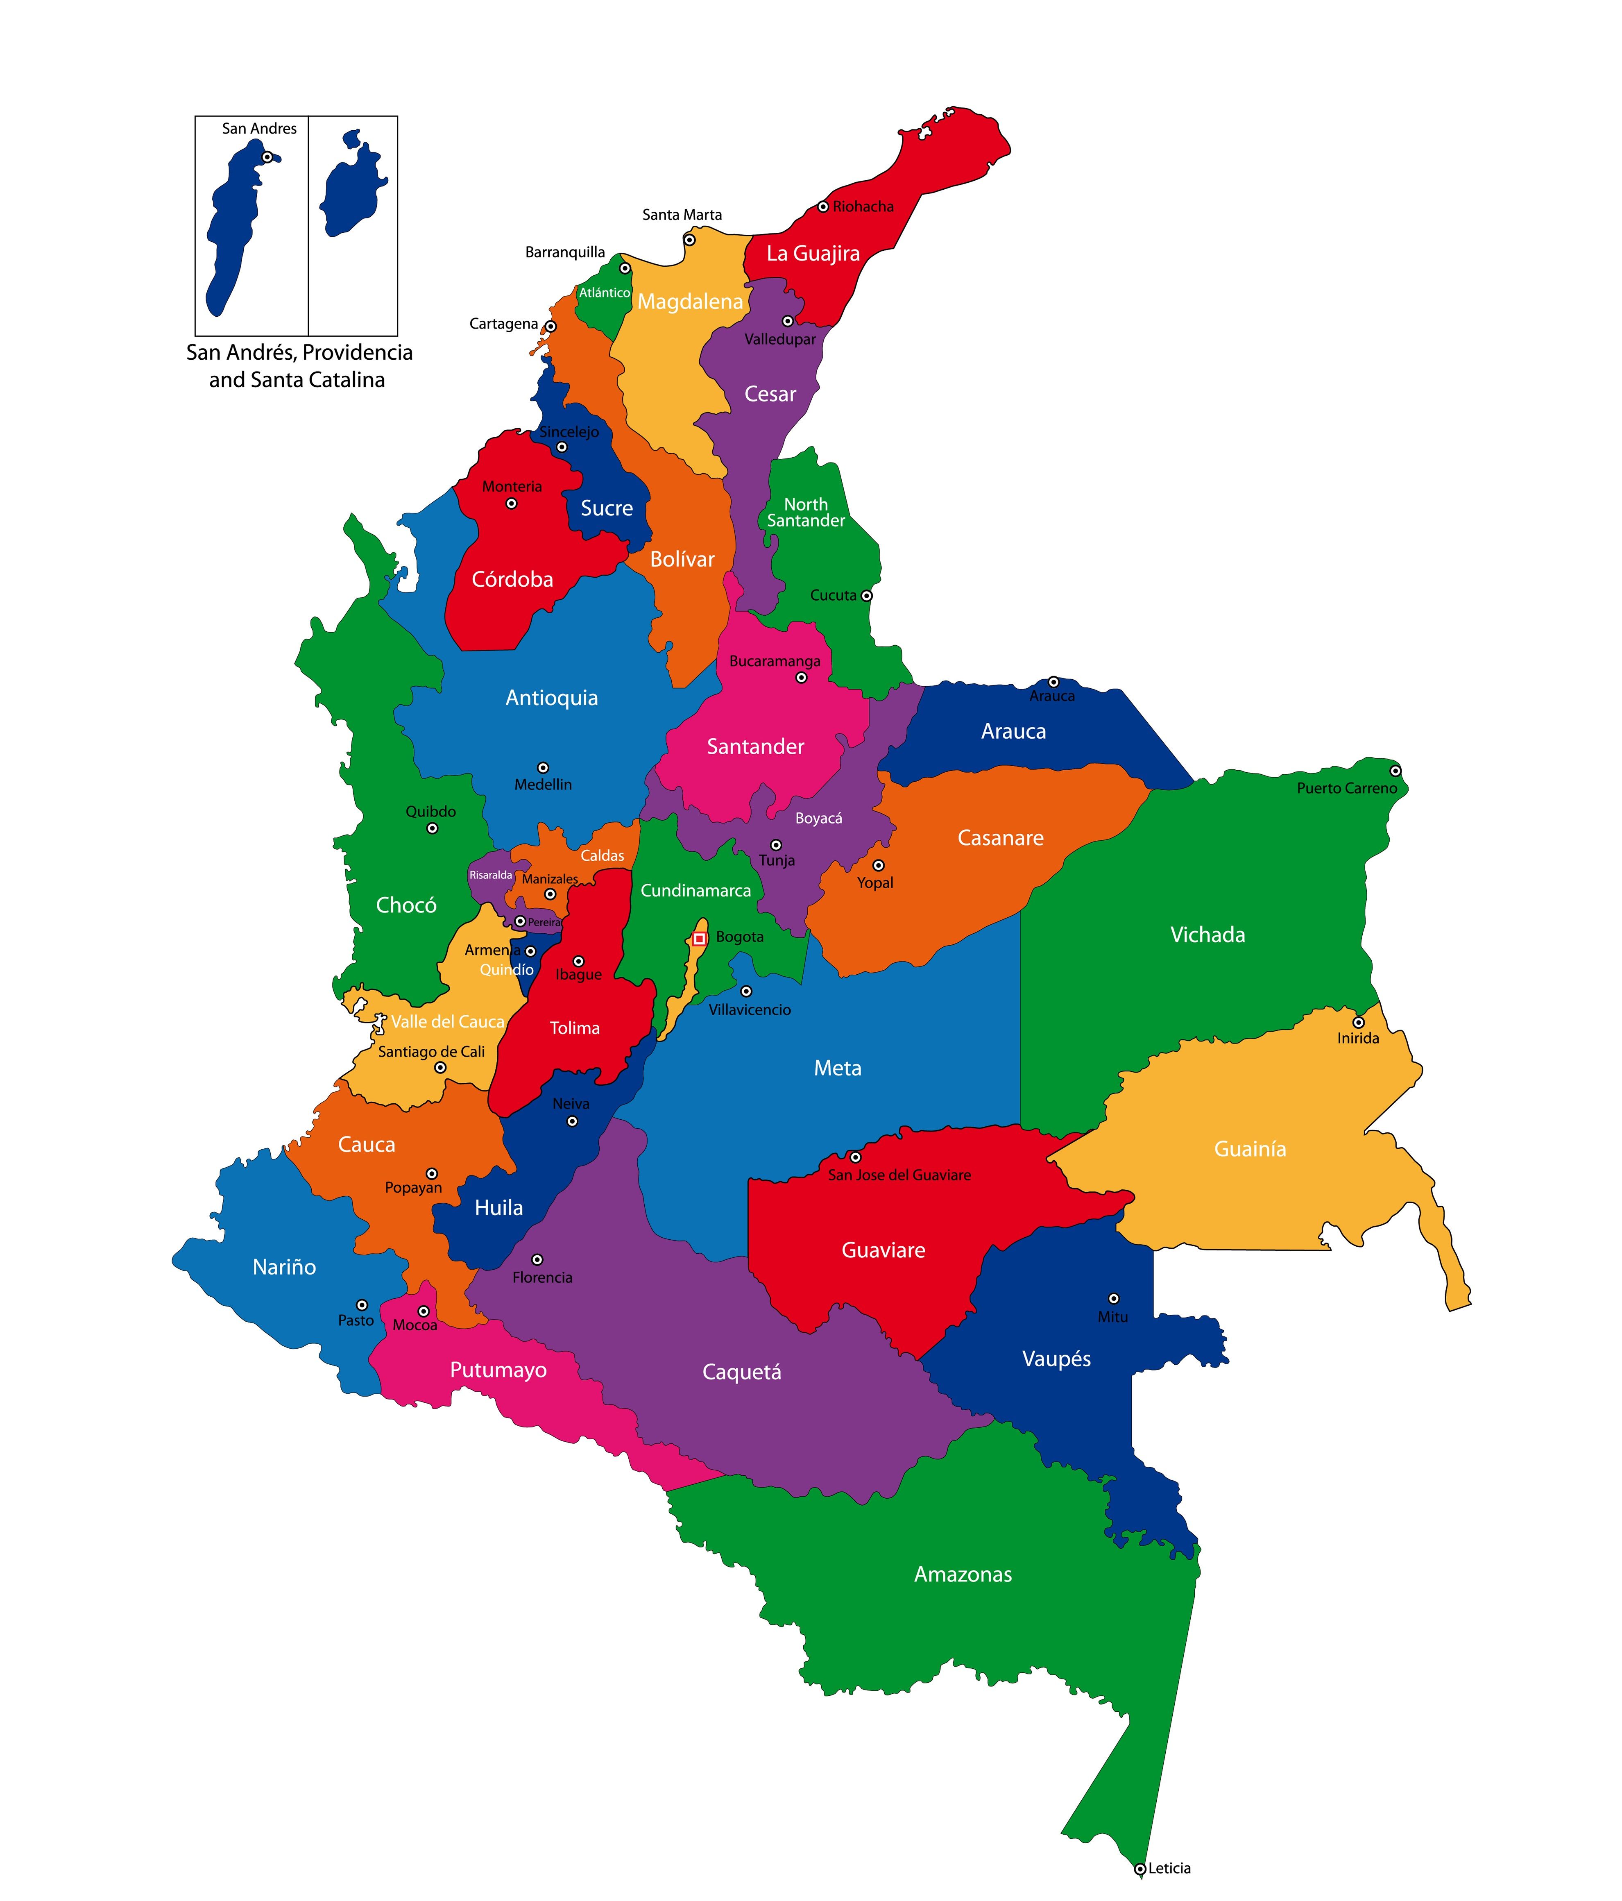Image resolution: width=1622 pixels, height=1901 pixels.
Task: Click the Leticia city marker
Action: [1139, 1868]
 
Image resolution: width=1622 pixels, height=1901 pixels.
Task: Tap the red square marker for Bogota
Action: [699, 939]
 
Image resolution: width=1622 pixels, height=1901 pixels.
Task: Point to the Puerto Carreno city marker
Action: [1395, 771]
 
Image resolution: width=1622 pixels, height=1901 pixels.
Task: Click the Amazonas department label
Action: [963, 1574]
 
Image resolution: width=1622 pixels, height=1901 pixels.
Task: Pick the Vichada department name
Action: [1207, 935]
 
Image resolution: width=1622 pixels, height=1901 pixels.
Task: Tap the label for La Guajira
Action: [813, 254]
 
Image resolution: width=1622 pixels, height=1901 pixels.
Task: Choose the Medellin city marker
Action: [543, 768]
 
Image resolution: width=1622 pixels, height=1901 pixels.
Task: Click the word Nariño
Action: [284, 1267]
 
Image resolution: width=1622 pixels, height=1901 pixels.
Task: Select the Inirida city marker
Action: [1358, 1022]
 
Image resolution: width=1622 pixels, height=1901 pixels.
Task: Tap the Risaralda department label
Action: [491, 875]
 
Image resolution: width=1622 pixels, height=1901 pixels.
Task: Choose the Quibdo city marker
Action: [432, 828]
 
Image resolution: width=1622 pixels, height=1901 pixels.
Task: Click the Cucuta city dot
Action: [866, 595]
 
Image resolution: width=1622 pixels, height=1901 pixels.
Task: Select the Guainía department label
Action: [1250, 1149]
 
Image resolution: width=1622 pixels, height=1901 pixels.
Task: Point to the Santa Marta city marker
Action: [689, 240]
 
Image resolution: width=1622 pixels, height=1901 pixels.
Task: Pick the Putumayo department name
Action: [498, 1370]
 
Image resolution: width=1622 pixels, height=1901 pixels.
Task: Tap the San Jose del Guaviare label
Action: [899, 1175]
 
